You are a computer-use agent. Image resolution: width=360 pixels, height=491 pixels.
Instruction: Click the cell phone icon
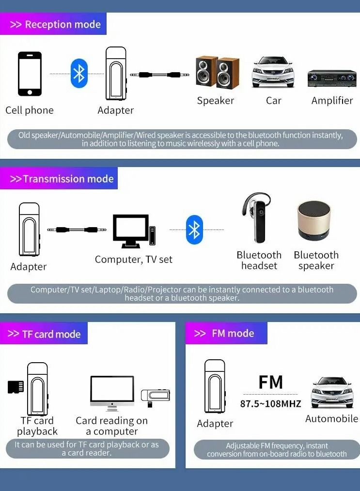pos(30,74)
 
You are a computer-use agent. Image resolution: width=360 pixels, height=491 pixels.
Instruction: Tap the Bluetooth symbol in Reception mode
pos(78,74)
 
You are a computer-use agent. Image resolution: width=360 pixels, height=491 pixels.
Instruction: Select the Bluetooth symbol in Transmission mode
pos(194,230)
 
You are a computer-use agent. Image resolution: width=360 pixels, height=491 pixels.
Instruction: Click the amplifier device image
pos(332,78)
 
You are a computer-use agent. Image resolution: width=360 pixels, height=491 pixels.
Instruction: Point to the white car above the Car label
pos(273,73)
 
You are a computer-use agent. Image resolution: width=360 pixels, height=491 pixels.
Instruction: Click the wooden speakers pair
pos(217,73)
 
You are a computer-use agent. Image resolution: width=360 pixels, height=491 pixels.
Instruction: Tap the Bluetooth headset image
pos(257,218)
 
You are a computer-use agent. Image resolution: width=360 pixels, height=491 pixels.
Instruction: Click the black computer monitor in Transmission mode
pos(131,231)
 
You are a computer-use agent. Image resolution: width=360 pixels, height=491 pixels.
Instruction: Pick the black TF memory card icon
pos(16,387)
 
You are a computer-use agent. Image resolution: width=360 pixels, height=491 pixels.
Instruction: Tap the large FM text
pos(270,382)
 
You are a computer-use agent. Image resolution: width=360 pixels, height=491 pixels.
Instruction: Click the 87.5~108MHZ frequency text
pos(270,404)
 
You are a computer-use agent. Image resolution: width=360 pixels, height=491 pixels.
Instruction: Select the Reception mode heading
pos(55,24)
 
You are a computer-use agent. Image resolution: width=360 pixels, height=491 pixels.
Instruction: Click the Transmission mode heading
pos(62,179)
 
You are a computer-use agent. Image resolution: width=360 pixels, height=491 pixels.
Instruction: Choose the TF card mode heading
pos(44,334)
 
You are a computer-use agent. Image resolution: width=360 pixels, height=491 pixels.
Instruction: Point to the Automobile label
pos(331,419)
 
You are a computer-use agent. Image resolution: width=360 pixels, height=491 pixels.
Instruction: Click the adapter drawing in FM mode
pos(214,386)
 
